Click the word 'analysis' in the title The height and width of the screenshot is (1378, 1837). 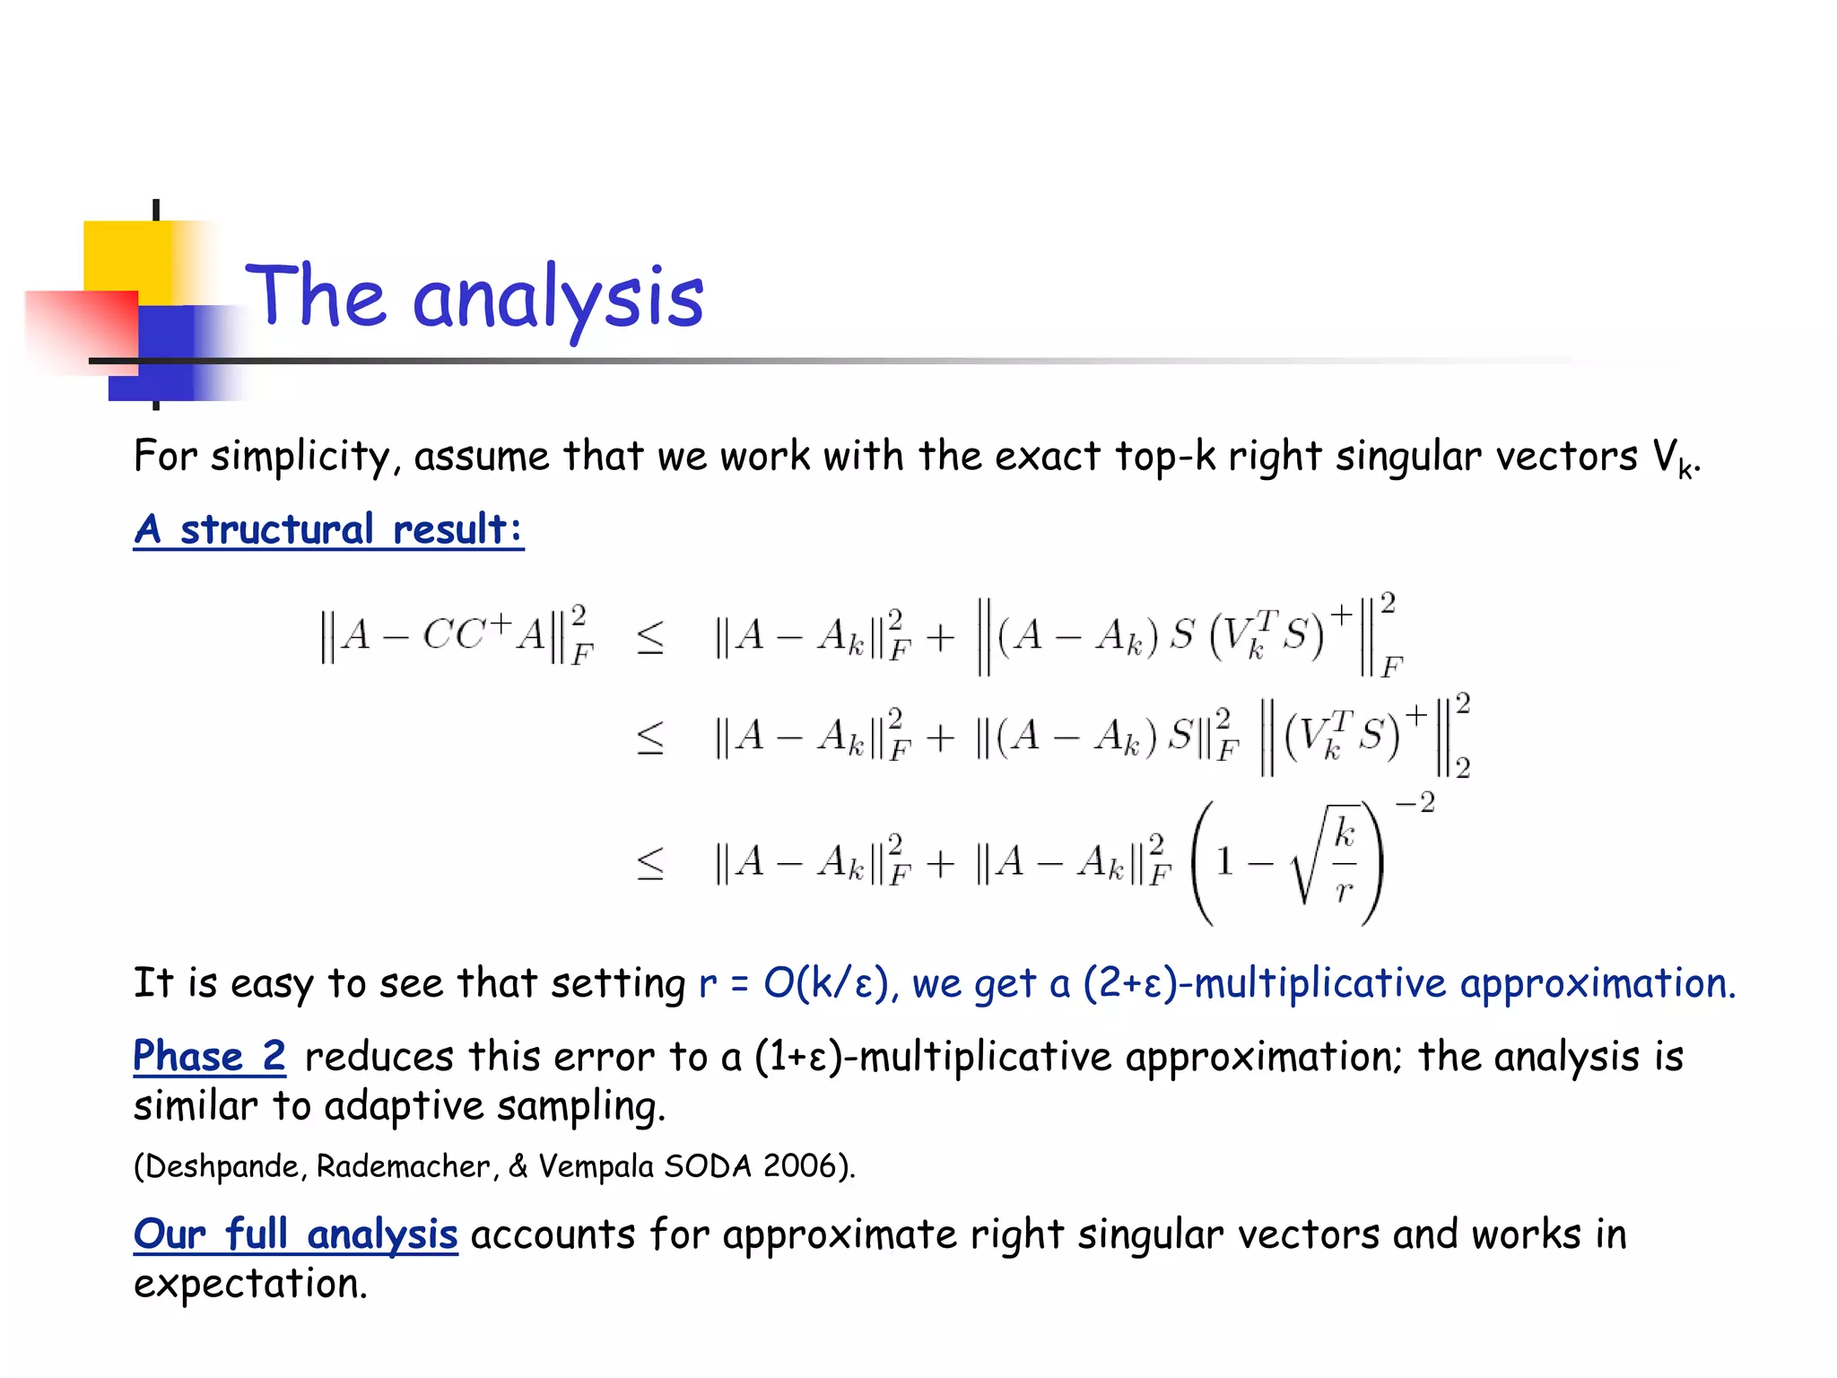(558, 299)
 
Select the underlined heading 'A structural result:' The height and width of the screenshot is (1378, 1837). (328, 529)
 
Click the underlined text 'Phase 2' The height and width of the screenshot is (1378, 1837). (209, 1056)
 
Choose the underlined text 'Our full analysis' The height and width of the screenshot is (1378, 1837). (295, 1234)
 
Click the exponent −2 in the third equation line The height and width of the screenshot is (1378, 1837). (1415, 802)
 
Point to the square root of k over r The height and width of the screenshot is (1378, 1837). (1326, 861)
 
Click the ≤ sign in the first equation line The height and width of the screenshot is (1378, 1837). (650, 636)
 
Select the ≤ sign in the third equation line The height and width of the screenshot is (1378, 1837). (650, 863)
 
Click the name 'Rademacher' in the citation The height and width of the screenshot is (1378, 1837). (403, 1166)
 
